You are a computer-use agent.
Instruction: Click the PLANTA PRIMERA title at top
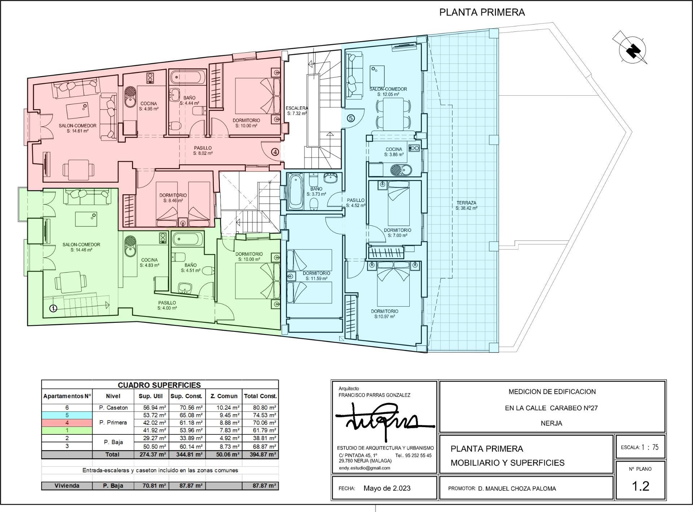tap(481, 12)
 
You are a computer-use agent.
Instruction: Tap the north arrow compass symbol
tap(632, 50)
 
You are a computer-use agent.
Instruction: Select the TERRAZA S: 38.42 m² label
tap(466, 205)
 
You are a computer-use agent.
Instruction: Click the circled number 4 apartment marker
tap(275, 152)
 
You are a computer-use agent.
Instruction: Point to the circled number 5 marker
tap(350, 118)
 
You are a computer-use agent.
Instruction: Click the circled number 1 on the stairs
tap(53, 308)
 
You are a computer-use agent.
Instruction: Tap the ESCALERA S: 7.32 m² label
tap(297, 110)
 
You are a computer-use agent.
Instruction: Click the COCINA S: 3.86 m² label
tap(393, 152)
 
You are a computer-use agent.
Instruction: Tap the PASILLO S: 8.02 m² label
tap(202, 150)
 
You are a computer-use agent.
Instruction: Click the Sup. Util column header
tap(151, 396)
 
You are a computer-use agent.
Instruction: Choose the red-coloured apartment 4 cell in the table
tap(67, 423)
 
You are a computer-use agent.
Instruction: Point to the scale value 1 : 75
tap(650, 447)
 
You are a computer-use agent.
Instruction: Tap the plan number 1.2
tap(641, 486)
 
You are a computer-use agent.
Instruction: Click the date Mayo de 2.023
tap(387, 488)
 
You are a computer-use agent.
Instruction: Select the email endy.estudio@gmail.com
tap(364, 468)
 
